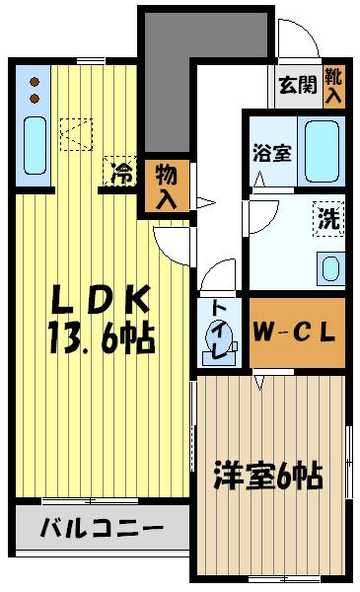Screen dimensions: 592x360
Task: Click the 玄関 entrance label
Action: pos(298,85)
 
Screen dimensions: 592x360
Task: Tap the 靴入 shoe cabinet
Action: pos(334,85)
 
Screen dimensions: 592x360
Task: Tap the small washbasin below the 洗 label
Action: pos(328,266)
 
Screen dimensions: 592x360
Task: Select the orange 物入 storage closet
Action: pos(166,185)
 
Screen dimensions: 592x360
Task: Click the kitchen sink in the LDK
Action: pos(35,144)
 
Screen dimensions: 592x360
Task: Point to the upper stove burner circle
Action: pos(34,83)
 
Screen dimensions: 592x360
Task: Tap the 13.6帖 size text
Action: pos(99,339)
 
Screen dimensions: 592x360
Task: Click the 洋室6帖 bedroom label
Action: pos(269,478)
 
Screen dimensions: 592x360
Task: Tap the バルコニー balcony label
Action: pos(101,530)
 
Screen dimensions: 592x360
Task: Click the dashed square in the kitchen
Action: pos(76,133)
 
